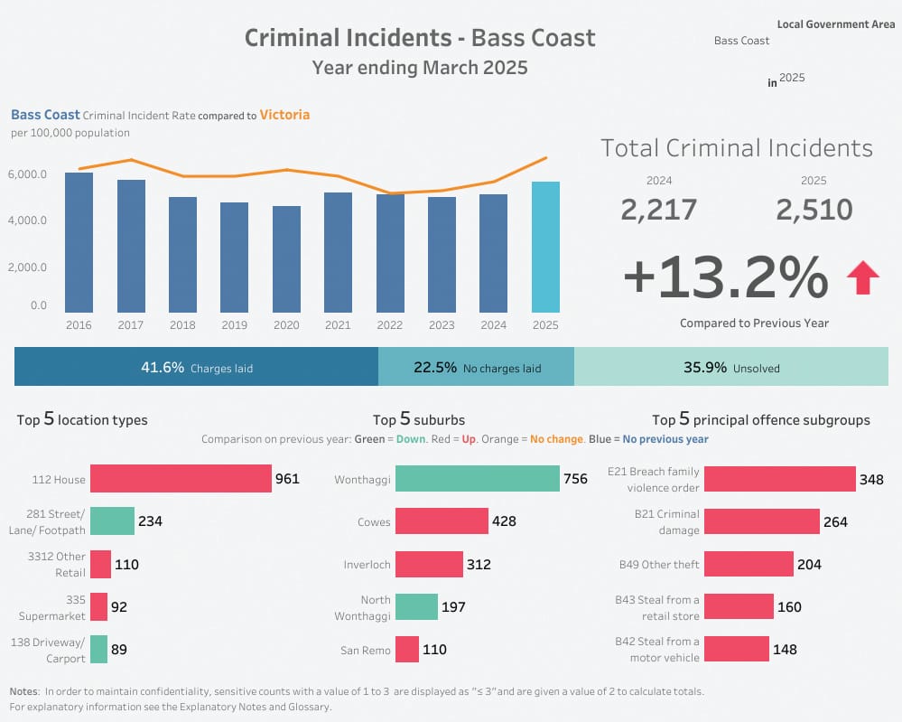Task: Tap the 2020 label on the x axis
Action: coord(286,325)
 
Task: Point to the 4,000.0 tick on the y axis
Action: coord(27,220)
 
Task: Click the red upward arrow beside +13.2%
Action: coord(862,278)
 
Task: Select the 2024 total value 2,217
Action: coord(658,210)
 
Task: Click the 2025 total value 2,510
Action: coord(814,210)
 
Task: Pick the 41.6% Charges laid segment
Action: coord(196,368)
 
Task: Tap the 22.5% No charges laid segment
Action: coord(476,368)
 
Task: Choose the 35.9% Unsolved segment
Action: coord(730,368)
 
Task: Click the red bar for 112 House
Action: coord(181,479)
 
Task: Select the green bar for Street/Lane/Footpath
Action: coord(113,520)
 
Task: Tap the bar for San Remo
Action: coord(407,649)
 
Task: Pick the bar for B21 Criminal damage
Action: coord(761,521)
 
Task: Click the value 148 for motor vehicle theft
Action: coord(785,649)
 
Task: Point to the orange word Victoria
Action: coord(284,115)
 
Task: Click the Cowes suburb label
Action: coord(374,521)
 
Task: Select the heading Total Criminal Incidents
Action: coord(737,148)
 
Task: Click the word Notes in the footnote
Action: coord(24,691)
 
